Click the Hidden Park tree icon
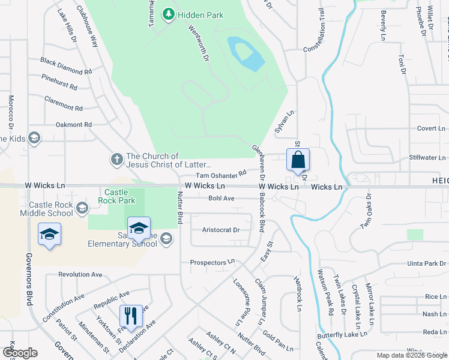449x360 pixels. click(169, 14)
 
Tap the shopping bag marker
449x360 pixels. click(298, 160)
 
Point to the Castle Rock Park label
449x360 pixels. click(117, 196)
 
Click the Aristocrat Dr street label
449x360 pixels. click(221, 230)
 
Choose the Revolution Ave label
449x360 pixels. click(80, 274)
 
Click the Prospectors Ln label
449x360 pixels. click(211, 262)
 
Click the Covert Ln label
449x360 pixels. click(431, 128)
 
